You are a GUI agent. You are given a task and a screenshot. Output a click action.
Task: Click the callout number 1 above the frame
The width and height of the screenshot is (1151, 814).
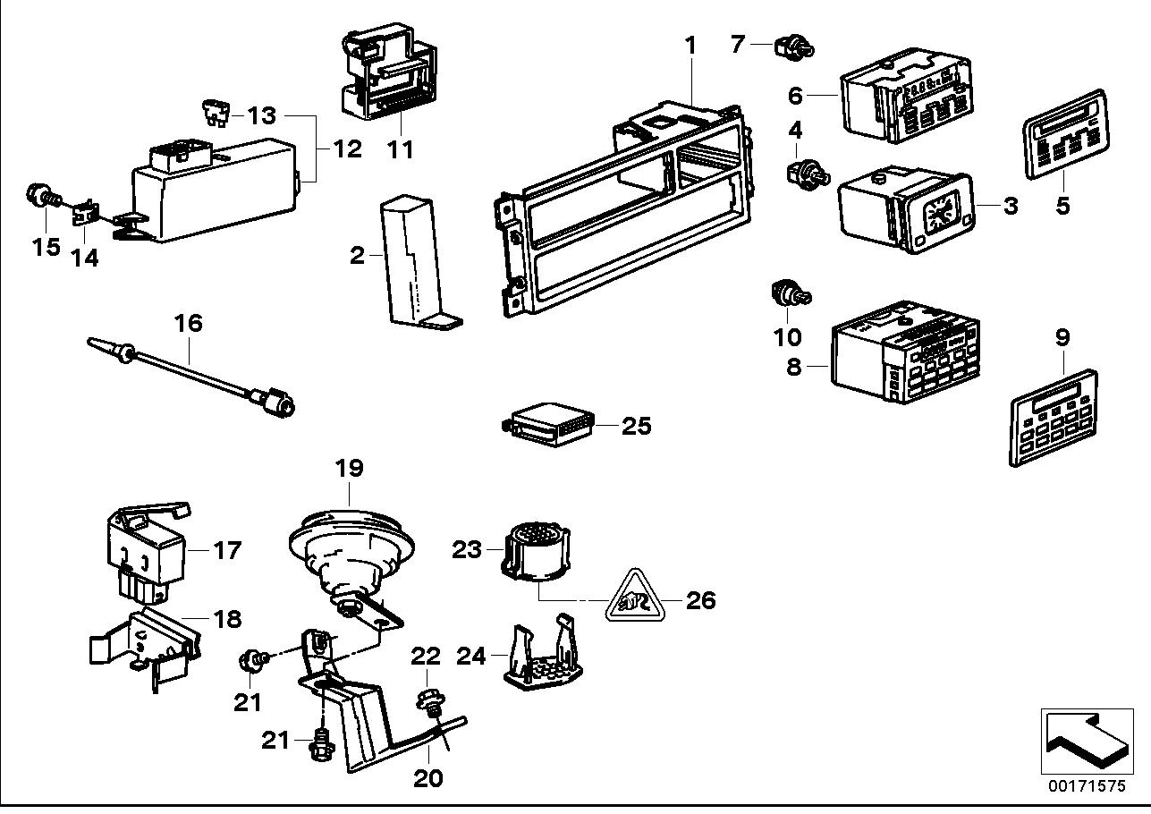point(690,43)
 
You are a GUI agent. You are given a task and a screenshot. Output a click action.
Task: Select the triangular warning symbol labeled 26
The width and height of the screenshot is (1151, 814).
point(634,595)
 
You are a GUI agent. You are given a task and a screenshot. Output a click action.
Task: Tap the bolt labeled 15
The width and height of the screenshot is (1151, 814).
point(40,194)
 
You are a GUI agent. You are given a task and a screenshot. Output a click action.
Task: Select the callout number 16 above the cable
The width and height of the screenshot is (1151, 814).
point(189,322)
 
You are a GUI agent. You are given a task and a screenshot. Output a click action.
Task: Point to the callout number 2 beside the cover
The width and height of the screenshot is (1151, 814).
point(357,257)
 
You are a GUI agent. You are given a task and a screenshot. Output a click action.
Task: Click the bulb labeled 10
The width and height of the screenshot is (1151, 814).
point(788,293)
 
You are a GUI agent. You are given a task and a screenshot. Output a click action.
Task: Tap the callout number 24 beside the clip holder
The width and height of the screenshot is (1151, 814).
point(471,657)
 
